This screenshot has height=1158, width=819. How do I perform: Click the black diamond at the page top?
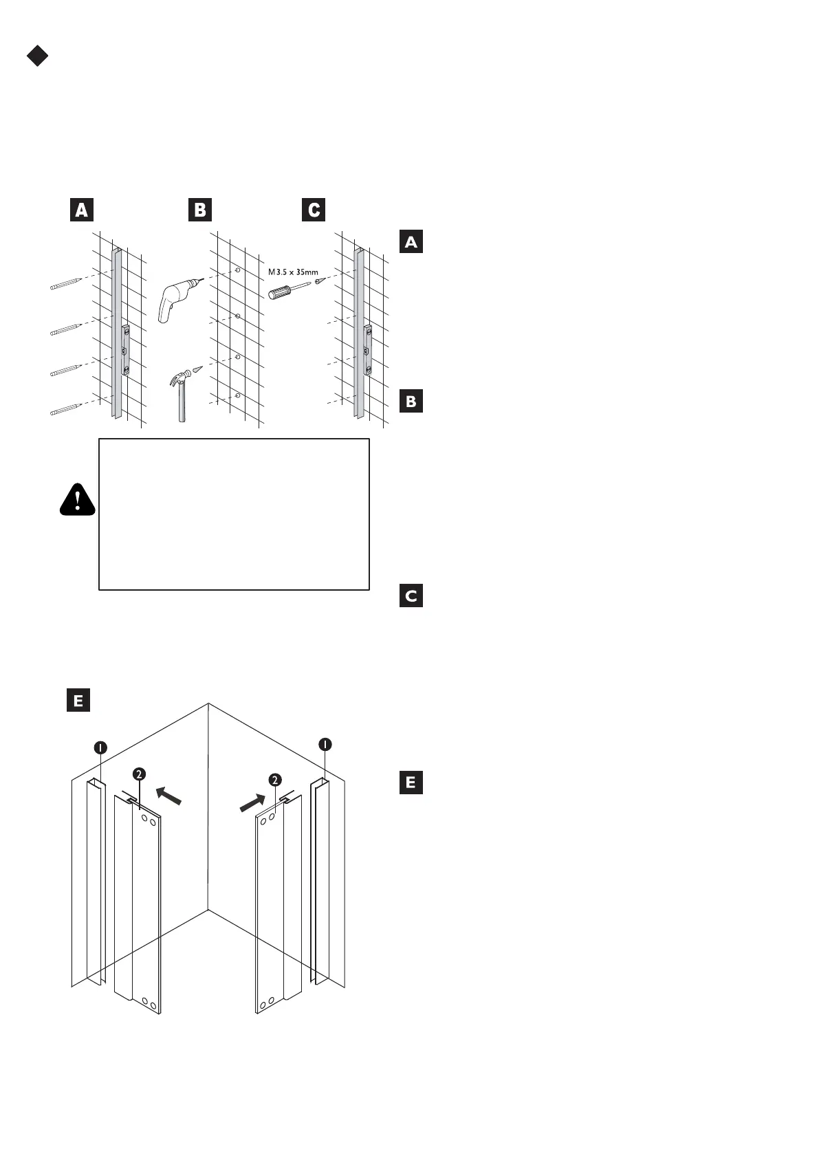[x=37, y=56]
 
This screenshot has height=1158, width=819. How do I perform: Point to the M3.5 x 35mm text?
[x=293, y=272]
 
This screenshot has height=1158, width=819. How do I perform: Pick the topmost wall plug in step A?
[x=66, y=284]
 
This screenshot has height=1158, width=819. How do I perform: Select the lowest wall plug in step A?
[x=66, y=409]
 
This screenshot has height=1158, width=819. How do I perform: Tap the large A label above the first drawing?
[x=81, y=210]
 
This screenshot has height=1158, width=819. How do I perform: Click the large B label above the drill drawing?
[x=200, y=210]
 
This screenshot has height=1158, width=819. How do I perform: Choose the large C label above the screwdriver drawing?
[x=314, y=210]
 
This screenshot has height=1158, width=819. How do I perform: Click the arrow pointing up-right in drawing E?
[x=252, y=802]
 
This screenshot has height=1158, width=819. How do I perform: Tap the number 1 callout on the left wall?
[x=100, y=747]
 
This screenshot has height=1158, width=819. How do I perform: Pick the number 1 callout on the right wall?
[x=325, y=744]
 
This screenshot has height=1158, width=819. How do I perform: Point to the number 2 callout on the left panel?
[x=139, y=774]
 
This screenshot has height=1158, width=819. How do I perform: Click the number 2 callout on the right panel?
[x=275, y=780]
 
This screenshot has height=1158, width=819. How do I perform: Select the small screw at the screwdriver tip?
[x=318, y=281]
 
